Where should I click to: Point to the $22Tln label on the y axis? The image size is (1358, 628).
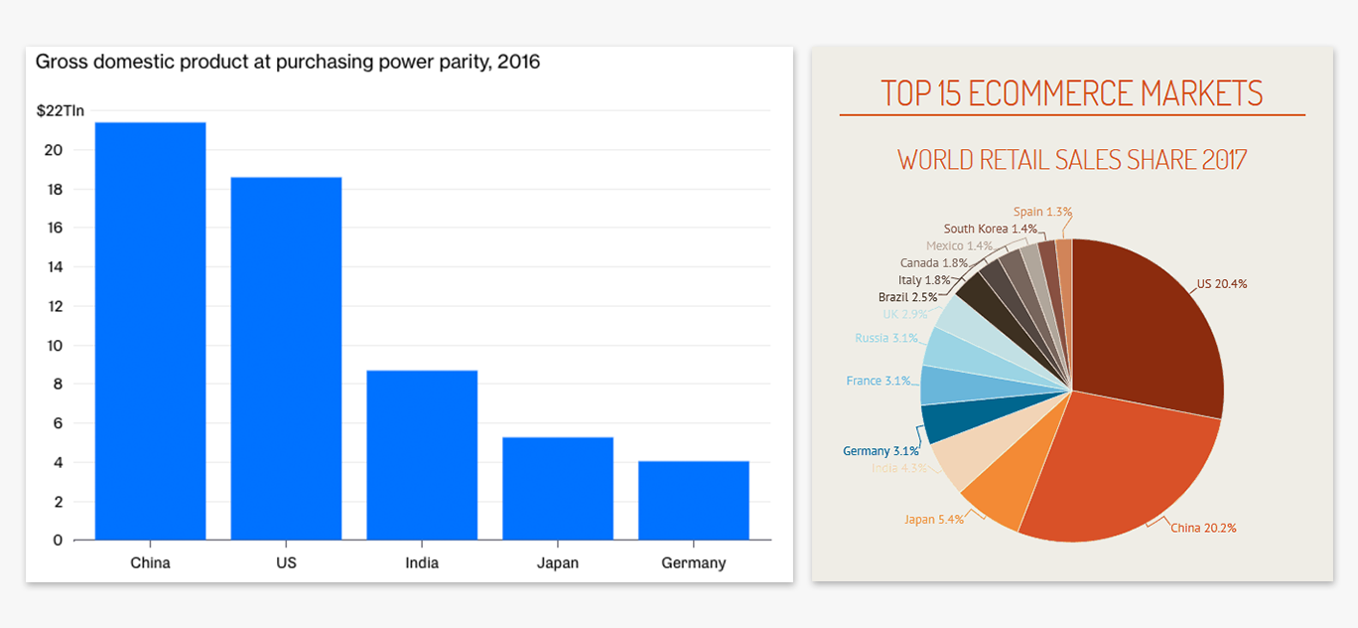click(60, 109)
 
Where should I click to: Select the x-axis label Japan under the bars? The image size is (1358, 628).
click(557, 563)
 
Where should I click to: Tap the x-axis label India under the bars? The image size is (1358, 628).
click(422, 563)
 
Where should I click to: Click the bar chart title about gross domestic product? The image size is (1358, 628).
click(288, 63)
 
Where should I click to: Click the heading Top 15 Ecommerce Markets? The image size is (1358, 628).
click(1072, 93)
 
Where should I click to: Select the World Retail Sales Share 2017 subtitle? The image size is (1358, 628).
click(1072, 159)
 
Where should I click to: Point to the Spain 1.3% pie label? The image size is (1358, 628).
click(1042, 212)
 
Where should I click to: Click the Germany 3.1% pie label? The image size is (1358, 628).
click(881, 451)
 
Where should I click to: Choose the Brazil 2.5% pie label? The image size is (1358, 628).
click(907, 297)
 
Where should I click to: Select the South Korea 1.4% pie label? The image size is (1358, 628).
click(990, 229)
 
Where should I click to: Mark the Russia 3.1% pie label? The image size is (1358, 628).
click(885, 338)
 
